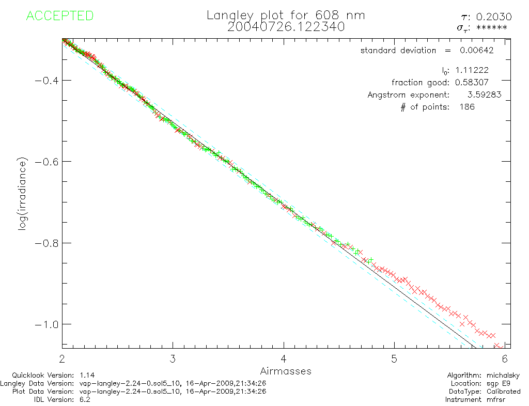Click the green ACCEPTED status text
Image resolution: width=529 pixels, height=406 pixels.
pos(59,16)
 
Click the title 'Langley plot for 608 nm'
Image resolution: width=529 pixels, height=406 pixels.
pos(286,15)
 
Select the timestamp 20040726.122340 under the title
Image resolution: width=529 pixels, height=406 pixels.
pos(286,27)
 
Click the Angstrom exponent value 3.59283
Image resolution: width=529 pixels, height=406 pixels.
pos(484,95)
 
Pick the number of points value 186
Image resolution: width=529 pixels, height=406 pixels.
pos(467,107)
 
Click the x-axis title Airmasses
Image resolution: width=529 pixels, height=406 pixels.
pos(286,371)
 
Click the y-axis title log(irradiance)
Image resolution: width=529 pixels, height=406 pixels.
pos(22,201)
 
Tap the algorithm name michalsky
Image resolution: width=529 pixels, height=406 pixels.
pos(503,376)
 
